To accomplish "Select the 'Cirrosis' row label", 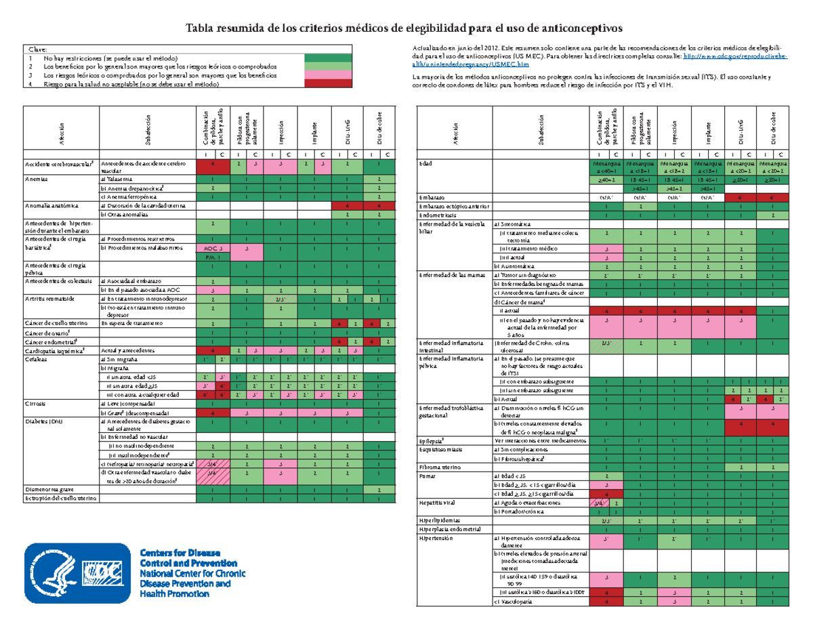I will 36,403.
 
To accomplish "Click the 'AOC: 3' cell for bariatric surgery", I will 213,248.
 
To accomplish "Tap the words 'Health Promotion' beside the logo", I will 174,593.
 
